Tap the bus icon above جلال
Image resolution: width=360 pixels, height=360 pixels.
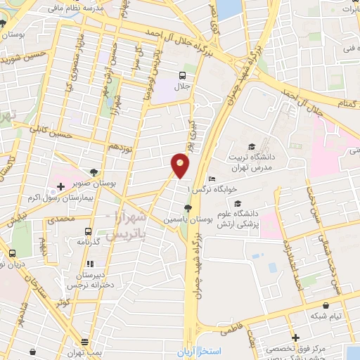(x=182, y=75)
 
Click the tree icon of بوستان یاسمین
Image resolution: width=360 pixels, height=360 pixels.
(x=187, y=207)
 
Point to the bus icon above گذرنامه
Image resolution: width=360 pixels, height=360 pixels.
(x=88, y=231)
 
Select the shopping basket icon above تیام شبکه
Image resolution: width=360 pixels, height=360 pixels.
(x=328, y=305)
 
